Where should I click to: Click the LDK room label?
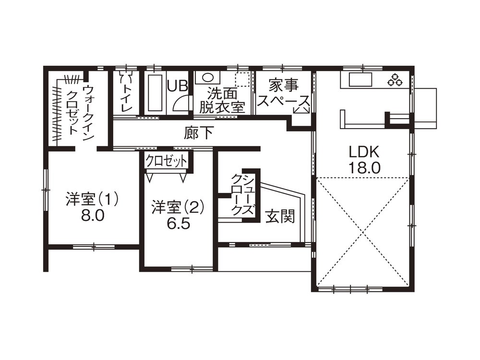pyautogui.click(x=364, y=152)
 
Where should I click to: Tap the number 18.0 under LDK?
pyautogui.click(x=364, y=168)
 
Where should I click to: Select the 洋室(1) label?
pyautogui.click(x=92, y=200)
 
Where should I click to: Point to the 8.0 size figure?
pyautogui.click(x=93, y=216)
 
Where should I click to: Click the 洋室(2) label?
pyautogui.click(x=178, y=207)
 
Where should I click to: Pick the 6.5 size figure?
pyautogui.click(x=179, y=224)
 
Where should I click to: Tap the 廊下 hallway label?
pyautogui.click(x=199, y=133)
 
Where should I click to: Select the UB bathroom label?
pyautogui.click(x=178, y=86)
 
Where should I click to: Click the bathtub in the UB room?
pyautogui.click(x=155, y=93)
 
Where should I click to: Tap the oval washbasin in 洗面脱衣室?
pyautogui.click(x=207, y=77)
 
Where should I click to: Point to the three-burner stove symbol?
pyautogui.click(x=395, y=79)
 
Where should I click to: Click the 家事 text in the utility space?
pyautogui.click(x=284, y=85)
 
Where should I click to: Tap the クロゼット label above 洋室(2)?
pyautogui.click(x=167, y=161)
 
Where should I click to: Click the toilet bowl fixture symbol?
pyautogui.click(x=127, y=78)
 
